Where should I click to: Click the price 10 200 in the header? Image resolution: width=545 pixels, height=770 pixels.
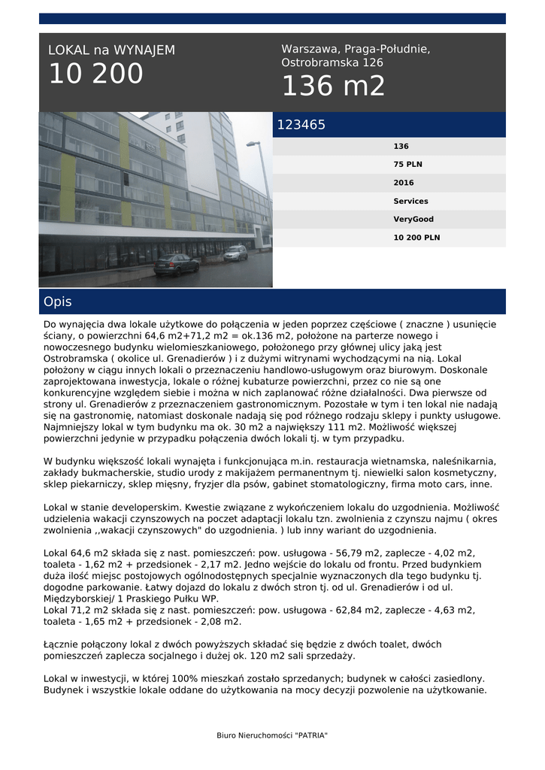point(95,74)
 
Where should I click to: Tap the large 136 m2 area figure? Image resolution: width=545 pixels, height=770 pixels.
point(333,86)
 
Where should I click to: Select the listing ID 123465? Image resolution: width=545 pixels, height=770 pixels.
point(301,126)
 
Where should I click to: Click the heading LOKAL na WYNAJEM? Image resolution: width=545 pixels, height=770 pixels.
point(111,50)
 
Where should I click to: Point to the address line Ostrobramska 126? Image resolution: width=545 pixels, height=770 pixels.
point(332,63)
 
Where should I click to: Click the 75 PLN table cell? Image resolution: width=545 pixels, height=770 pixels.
point(407,165)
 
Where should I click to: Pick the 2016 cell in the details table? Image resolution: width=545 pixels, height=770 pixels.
point(404,183)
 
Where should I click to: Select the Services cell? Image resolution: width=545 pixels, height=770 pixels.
point(410,201)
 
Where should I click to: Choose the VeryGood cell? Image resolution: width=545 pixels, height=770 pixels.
point(412,219)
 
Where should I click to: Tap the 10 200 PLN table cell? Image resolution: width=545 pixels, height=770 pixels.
point(416,237)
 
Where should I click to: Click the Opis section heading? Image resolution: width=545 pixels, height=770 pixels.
point(58,302)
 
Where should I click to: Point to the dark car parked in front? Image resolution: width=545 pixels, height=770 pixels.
point(176,264)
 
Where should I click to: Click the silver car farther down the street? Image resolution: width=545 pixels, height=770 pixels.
point(235,253)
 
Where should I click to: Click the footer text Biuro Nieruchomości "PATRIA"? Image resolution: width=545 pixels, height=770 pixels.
point(272,735)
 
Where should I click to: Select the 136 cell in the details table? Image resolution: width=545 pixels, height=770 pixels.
point(401,147)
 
